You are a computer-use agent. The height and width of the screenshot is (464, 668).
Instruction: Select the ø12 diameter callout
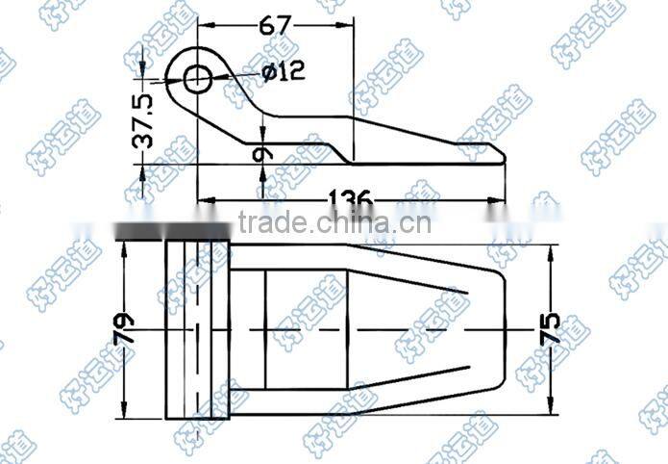tap(283, 70)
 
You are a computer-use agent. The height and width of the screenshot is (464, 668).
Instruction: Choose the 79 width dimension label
tap(124, 330)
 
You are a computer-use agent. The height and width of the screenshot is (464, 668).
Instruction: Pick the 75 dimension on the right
tap(551, 331)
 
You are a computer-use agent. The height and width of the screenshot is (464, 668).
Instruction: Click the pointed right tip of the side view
tap(502, 155)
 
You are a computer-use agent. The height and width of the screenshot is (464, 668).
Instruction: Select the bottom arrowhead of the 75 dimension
tap(551, 411)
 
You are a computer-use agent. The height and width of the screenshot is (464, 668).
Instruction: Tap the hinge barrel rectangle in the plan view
tap(197, 330)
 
